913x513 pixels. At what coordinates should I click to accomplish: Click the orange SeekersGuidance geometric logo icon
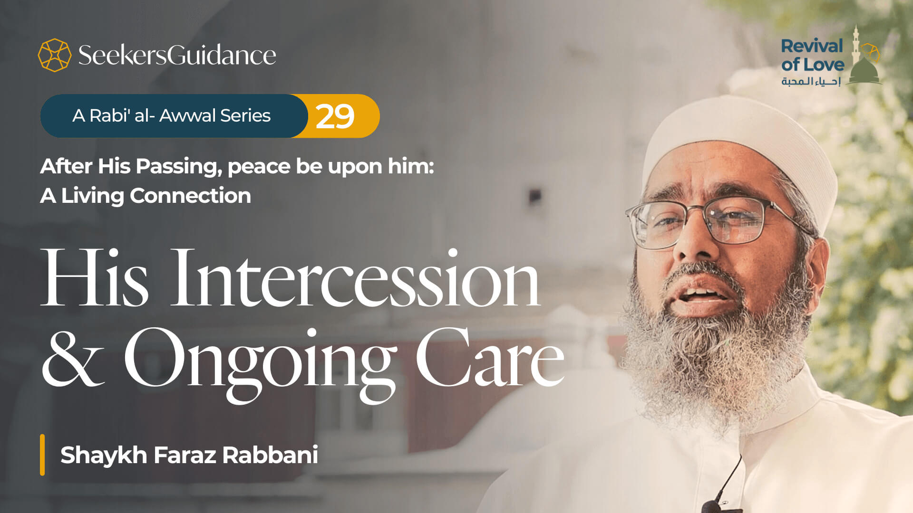pyautogui.click(x=54, y=55)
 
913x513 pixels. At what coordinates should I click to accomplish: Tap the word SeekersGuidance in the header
pyautogui.click(x=177, y=55)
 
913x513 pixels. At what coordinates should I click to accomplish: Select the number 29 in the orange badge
pyautogui.click(x=335, y=116)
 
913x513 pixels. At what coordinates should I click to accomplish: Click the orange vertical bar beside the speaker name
pyautogui.click(x=42, y=455)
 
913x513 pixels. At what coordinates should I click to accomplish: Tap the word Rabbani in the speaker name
pyautogui.click(x=270, y=455)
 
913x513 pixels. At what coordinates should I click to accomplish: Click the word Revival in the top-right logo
pyautogui.click(x=812, y=47)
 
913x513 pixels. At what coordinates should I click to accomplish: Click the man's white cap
pyautogui.click(x=742, y=142)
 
